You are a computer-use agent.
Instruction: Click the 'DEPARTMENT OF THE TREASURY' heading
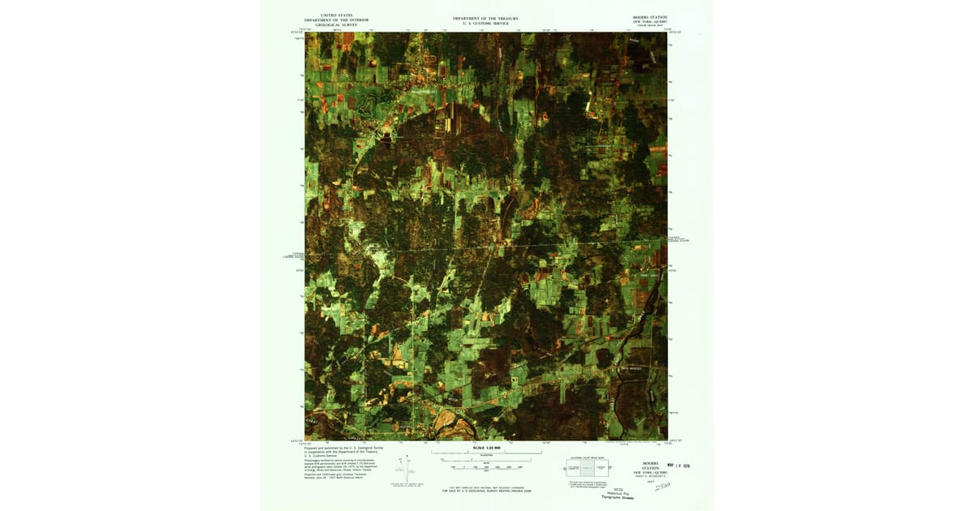pos(485,18)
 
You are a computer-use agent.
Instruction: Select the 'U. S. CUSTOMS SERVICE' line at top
pos(485,24)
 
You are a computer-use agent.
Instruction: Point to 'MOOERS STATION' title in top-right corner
pos(649,16)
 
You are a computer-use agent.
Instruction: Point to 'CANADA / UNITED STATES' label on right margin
pos(679,240)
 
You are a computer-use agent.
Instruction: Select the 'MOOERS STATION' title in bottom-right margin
pos(650,466)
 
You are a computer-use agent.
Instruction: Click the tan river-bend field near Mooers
pos(446,420)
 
